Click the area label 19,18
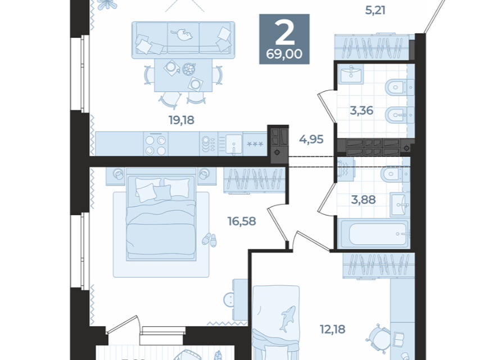182,120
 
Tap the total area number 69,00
284,54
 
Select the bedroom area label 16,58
242,222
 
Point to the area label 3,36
361,110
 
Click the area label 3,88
363,200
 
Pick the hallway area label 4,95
311,139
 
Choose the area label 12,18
332,329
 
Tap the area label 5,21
375,10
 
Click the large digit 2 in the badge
285,33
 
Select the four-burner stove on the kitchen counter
156,144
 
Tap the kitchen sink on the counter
234,144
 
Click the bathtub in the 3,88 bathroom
374,233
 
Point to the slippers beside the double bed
209,240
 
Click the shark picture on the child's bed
287,319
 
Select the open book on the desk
399,339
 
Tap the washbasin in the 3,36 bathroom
351,74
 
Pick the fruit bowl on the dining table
189,69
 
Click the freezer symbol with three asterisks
255,144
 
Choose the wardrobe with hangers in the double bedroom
254,181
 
